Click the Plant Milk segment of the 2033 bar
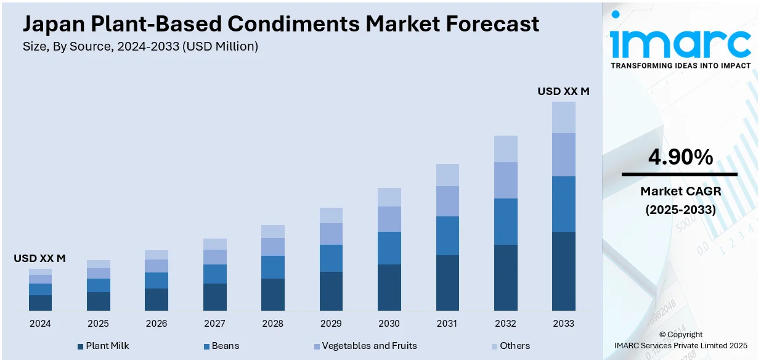click(x=563, y=271)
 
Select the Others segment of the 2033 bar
click(x=563, y=117)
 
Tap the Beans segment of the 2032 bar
click(x=505, y=221)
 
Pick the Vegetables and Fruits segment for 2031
click(x=447, y=201)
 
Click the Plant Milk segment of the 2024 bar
click(x=40, y=303)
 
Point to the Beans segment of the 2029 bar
click(x=331, y=258)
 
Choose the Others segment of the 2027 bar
click(x=215, y=244)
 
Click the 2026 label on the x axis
click(x=157, y=324)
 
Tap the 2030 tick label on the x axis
click(x=389, y=324)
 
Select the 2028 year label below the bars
click(x=273, y=324)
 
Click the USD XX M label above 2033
click(x=563, y=91)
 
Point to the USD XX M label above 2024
click(x=39, y=259)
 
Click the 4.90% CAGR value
click(x=680, y=158)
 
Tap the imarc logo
click(x=680, y=42)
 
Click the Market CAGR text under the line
click(x=680, y=191)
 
